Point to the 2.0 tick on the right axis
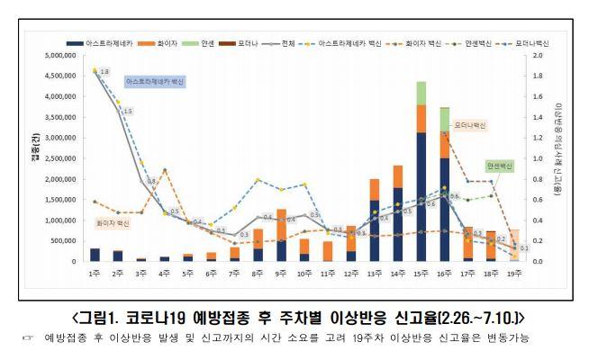pyautogui.click(x=538, y=56)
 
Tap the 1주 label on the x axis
pyautogui.click(x=95, y=273)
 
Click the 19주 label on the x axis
pyautogui.click(x=513, y=273)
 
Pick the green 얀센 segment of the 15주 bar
pyautogui.click(x=421, y=93)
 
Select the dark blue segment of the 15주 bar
pyautogui.click(x=421, y=198)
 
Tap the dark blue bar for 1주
pyautogui.click(x=95, y=255)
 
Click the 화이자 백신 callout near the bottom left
pyautogui.click(x=113, y=220)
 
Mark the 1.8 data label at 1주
pyautogui.click(x=104, y=72)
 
